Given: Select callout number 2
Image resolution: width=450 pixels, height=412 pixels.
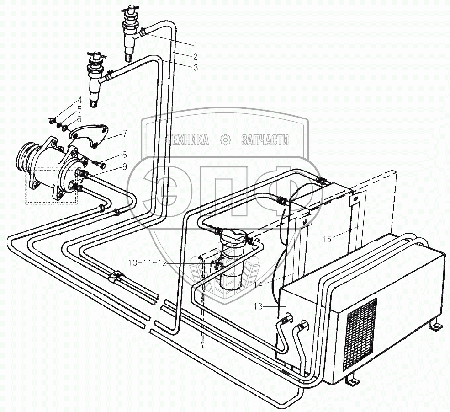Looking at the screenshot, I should [195, 56].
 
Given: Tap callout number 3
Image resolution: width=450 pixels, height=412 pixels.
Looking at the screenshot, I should [195, 68].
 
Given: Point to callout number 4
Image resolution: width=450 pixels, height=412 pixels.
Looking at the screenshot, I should [79, 100].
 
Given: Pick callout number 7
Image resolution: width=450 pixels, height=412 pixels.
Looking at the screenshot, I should [125, 134].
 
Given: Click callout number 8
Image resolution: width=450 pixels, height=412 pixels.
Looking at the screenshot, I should [124, 154].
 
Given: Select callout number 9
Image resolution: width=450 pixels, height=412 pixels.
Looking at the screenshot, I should [124, 167].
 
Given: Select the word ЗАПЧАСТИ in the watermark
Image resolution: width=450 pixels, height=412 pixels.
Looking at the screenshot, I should [265, 140].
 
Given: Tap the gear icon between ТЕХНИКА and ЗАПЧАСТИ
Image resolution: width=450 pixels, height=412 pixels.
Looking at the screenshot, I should [225, 139].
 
